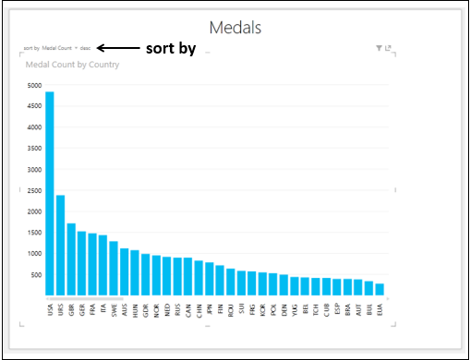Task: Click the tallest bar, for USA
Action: pyautogui.click(x=49, y=194)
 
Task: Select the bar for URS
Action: pyautogui.click(x=60, y=246)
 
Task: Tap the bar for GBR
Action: pyautogui.click(x=71, y=259)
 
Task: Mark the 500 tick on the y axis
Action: pyautogui.click(x=34, y=275)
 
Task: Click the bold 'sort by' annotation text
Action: pyautogui.click(x=171, y=48)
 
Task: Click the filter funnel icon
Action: pyautogui.click(x=379, y=47)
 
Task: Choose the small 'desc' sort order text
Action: pyautogui.click(x=85, y=47)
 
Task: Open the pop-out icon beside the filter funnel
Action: pyautogui.click(x=389, y=47)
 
